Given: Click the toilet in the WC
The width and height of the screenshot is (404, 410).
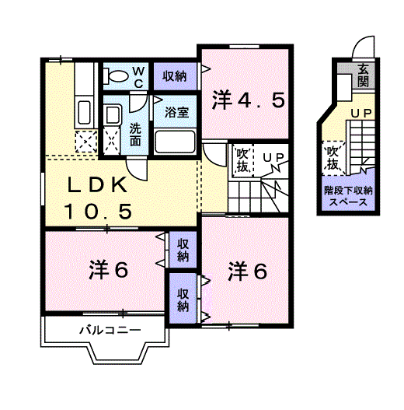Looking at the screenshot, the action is tap(116, 76).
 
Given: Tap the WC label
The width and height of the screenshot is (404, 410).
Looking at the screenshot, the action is tap(138, 77).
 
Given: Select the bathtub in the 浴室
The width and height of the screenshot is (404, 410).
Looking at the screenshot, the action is tap(175, 142).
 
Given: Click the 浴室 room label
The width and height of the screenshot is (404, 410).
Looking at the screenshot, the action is tap(176, 113).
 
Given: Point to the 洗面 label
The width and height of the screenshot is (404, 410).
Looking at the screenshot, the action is tap(135, 134).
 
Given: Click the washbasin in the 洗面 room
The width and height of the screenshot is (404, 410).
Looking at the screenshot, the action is tap(113, 115).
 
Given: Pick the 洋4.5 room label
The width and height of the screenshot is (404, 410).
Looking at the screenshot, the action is tap(248, 100).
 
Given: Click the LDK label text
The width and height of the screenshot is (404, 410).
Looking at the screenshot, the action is tap(97, 184).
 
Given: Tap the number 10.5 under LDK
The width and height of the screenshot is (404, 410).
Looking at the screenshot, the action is tap(97, 212).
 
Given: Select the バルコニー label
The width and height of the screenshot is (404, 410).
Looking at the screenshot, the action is tap(110, 330).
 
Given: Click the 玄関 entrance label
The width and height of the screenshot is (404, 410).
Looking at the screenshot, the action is tap(364, 75).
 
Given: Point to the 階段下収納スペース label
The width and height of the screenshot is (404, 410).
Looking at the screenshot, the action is tap(348, 196).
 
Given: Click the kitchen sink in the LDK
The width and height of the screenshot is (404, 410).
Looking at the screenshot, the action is tap(84, 114).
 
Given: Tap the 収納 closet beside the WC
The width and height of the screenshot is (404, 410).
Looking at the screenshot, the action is tap(175, 76).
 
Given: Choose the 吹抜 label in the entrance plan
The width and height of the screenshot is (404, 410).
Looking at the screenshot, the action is tap(333, 158).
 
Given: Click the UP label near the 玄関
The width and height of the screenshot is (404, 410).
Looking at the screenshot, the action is tap(361, 114).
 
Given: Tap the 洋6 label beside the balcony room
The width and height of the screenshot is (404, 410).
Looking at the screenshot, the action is tap(108, 270).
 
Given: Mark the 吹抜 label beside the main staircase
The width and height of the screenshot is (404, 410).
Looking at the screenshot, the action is tap(242, 160).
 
